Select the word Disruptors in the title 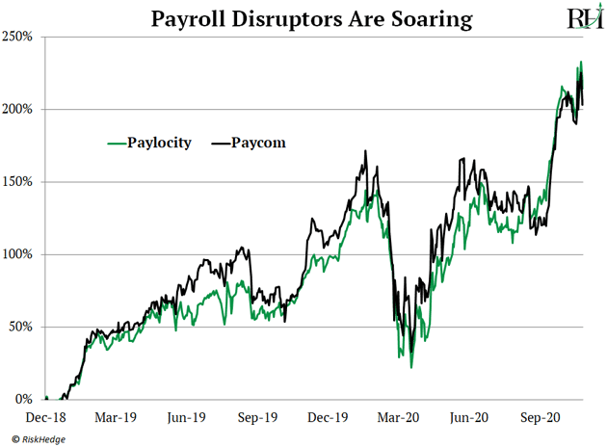point(278,18)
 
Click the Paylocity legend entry point(148,143)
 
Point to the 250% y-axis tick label point(20,37)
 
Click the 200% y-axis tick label point(20,109)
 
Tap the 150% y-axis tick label point(20,181)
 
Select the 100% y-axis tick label point(20,254)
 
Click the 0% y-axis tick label point(26,399)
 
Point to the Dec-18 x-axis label point(44,419)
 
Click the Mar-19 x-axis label point(115,419)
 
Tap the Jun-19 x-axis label point(186,419)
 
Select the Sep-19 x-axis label point(257,419)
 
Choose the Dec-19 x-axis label point(328,419)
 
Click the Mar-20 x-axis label point(398,419)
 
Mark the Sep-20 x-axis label point(540,419)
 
